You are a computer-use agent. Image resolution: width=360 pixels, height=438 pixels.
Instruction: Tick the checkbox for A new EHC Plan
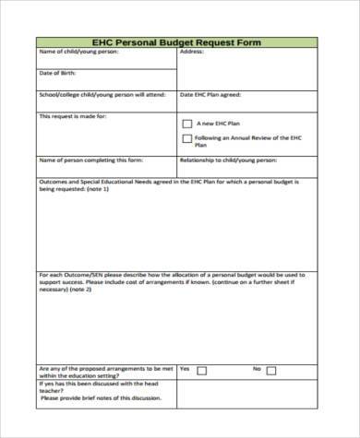[189, 123]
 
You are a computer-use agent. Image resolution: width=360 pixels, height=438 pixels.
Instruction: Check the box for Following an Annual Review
[189, 138]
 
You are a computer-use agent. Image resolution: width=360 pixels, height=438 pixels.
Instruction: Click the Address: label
[192, 53]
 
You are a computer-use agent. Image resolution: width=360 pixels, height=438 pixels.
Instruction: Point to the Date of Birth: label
[56, 73]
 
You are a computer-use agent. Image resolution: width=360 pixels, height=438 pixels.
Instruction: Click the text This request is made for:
[73, 116]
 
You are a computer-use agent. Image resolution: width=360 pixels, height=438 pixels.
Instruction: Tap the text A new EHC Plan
[222, 123]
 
